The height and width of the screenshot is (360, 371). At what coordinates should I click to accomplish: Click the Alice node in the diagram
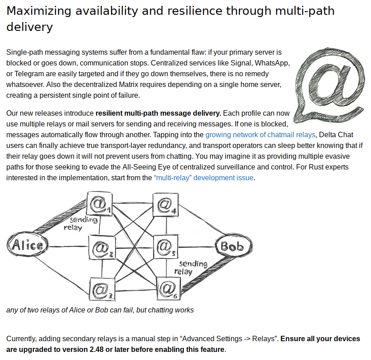coord(27,244)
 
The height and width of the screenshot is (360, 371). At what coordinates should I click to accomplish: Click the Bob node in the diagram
coord(234,246)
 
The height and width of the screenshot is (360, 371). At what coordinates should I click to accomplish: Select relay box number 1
coord(100,203)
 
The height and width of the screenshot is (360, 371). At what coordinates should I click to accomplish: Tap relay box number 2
coord(102,247)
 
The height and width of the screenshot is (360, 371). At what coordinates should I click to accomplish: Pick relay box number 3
coord(102,289)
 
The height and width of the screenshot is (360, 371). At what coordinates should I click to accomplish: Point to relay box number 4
coord(166,204)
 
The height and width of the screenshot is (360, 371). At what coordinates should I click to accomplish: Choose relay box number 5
coord(166,247)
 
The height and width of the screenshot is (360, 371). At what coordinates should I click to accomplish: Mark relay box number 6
coord(169,289)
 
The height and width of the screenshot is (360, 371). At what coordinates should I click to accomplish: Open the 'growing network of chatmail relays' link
coord(260,134)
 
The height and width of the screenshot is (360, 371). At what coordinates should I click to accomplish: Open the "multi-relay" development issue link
coord(204,178)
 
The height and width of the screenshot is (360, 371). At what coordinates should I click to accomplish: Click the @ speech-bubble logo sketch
coord(329,85)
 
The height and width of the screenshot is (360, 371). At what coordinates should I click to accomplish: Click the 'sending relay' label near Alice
coord(80,224)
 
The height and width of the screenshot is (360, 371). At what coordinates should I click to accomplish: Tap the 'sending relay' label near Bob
coord(191,268)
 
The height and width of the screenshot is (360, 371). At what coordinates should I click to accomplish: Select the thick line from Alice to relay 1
coord(60,217)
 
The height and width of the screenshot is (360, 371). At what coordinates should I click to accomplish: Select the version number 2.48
coord(96,349)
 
